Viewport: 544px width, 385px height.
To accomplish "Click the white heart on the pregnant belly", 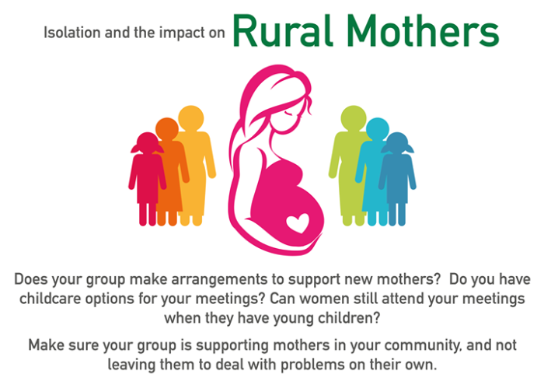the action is [x=298, y=223].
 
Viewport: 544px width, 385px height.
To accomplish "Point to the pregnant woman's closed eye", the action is [x=288, y=113].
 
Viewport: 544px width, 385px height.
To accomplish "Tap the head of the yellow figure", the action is [x=191, y=118].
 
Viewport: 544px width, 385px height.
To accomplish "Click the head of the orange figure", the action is [x=167, y=129].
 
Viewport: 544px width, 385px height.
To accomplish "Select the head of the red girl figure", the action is [x=148, y=143].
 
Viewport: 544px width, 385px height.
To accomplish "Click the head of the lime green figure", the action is [x=354, y=118].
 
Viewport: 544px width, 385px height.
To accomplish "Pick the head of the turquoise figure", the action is [x=378, y=129].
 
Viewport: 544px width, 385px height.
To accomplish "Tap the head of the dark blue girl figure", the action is [x=397, y=143].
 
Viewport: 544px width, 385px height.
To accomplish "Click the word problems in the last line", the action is [x=312, y=365].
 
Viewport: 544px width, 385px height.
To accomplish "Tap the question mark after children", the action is [x=377, y=318].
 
